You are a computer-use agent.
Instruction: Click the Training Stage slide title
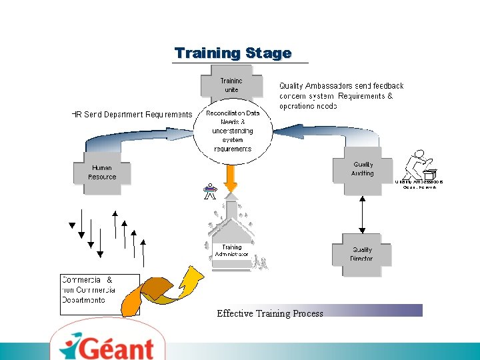(x=233, y=53)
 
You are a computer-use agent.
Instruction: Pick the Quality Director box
(x=361, y=254)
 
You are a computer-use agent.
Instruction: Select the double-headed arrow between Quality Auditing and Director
(x=361, y=214)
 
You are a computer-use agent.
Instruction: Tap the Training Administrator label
(x=231, y=251)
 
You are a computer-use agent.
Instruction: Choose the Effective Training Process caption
(x=270, y=313)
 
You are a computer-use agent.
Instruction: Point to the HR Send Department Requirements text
(x=131, y=115)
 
